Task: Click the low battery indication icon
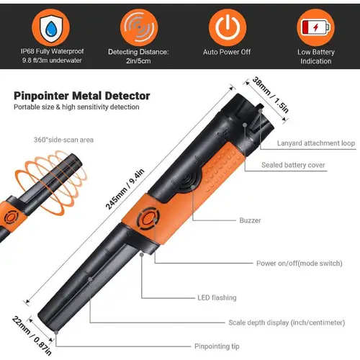[x=315, y=25]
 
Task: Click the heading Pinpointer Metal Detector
[x=81, y=95]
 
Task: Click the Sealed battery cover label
[x=296, y=164]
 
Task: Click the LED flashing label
[x=216, y=297]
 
